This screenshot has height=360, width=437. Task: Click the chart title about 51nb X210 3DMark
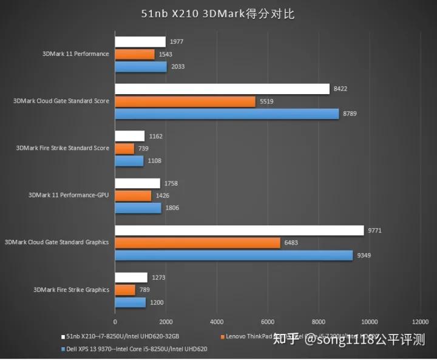coord(218,13)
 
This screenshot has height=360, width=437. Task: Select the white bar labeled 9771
coord(239,231)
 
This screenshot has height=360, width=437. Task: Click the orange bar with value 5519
coord(185,101)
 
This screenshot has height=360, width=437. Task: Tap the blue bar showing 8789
coord(227,114)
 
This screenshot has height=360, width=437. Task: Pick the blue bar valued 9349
coord(234,256)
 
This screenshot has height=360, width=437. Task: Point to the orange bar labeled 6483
coord(197,243)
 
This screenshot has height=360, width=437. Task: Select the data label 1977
coord(177,42)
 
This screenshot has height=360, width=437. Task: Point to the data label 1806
coord(172,208)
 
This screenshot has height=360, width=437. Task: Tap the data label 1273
coord(158,278)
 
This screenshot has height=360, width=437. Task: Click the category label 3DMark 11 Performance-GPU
coord(69,195)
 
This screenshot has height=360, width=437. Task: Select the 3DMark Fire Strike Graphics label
coord(71,290)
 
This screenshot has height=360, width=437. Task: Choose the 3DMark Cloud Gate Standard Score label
coord(61,101)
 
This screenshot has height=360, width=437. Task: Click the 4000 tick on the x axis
coord(217,322)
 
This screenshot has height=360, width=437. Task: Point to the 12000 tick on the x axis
coord(419,322)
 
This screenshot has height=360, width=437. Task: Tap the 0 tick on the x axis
coord(115,322)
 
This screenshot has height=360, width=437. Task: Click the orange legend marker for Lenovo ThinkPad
coord(223,336)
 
